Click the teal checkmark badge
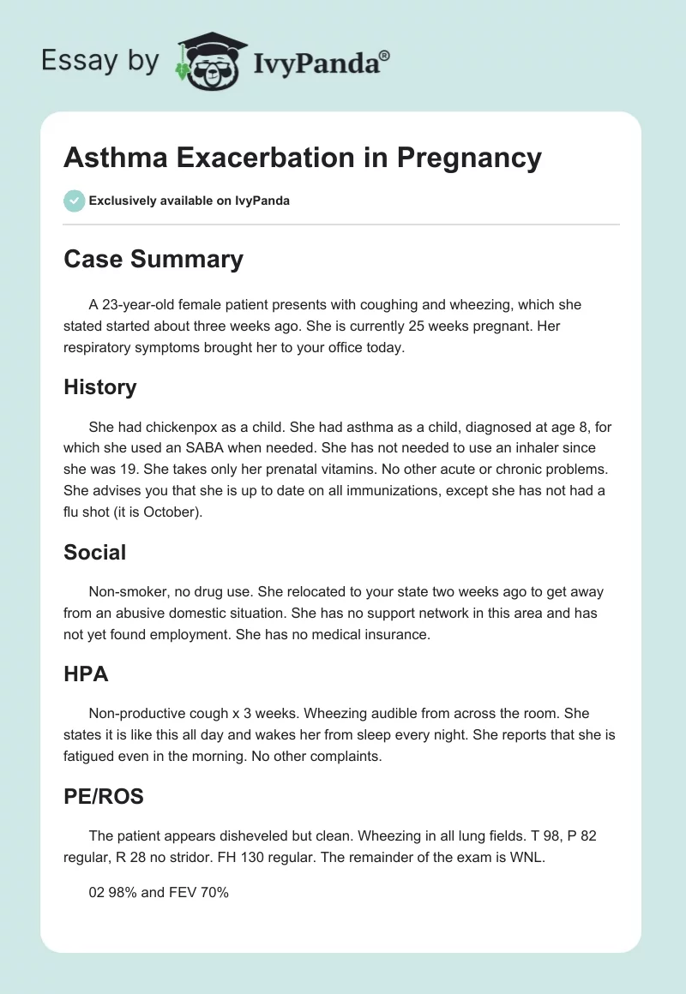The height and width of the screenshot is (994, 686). pos(74,201)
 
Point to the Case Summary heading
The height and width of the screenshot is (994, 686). pos(153,259)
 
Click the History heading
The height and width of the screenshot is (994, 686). pos(99,387)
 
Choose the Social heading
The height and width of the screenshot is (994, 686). pos(94,553)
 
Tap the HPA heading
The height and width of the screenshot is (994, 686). pos(86,674)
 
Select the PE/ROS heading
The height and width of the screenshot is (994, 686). pos(103,797)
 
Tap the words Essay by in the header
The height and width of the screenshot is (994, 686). pos(100,61)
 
